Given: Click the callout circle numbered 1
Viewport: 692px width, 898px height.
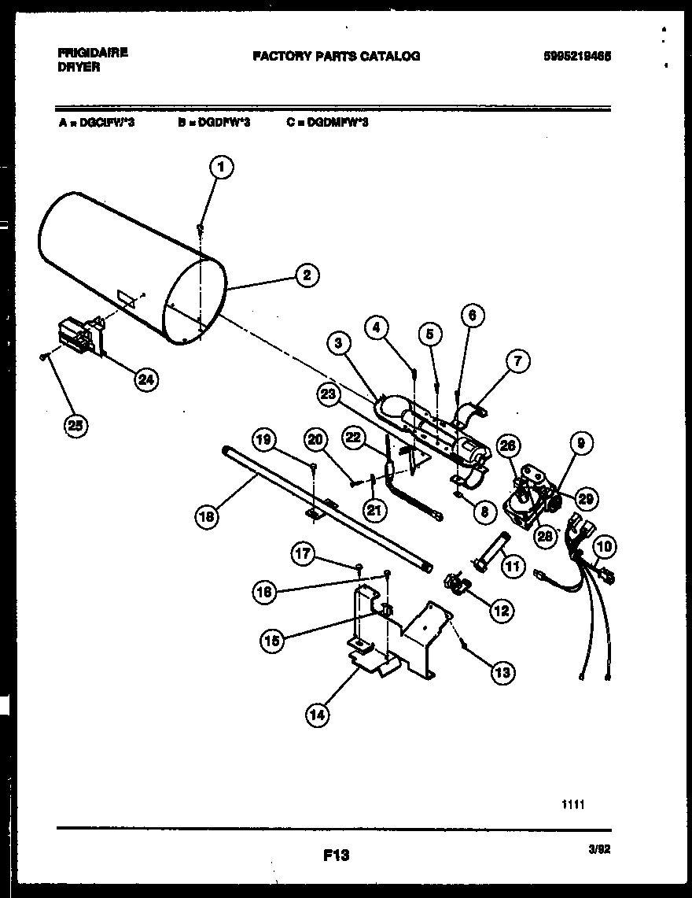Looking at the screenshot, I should [223, 167].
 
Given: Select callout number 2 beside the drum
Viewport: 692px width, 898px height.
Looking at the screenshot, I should [307, 275].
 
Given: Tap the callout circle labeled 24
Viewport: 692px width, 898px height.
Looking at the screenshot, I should [145, 379].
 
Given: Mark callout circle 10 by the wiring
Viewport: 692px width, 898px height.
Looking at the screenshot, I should [605, 546].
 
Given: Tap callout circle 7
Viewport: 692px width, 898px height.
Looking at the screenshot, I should [517, 361].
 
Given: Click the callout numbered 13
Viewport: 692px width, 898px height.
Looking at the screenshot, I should [502, 671].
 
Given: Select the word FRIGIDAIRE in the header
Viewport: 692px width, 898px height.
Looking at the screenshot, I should [93, 53].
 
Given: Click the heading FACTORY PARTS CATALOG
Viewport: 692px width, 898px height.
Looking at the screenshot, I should [336, 56].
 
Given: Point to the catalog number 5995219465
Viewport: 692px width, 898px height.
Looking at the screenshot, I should [576, 56].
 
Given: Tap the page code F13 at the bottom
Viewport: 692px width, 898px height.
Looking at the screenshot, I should [336, 855].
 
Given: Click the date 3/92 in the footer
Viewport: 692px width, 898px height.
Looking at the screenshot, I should [599, 848].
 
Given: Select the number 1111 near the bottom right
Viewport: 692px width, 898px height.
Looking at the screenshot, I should [572, 804].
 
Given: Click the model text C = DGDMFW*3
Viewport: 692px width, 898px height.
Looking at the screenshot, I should [327, 123].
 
